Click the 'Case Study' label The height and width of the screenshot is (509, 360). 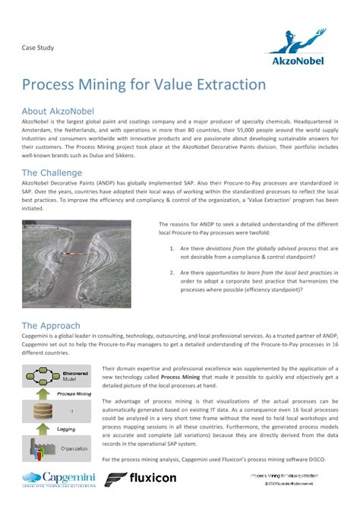[x=37, y=47]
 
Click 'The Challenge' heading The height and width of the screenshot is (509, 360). [x=52, y=172]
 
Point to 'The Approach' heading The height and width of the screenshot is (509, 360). [x=51, y=325]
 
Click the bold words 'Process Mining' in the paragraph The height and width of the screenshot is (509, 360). [x=181, y=377]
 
